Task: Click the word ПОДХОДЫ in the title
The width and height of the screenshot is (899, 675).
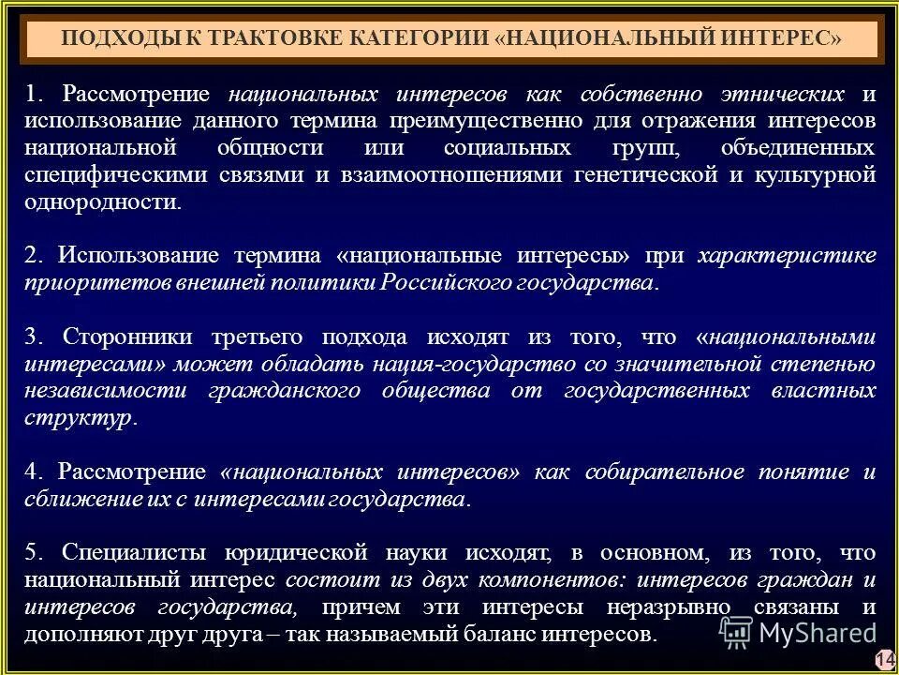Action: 110,39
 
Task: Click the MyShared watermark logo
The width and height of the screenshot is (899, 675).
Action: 796,631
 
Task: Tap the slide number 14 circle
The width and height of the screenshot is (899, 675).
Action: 885,658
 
